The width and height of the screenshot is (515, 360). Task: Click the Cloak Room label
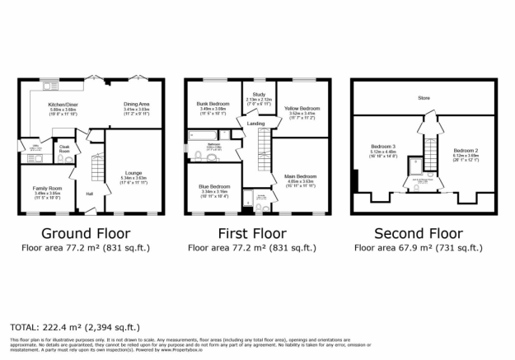pyautogui.click(x=64, y=149)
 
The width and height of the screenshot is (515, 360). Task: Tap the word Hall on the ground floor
pyautogui.click(x=88, y=194)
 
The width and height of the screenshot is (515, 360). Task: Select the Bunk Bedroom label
pyautogui.click(x=213, y=104)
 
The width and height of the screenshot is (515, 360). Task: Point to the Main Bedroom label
pyautogui.click(x=301, y=175)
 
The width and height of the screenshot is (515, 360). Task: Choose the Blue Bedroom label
pyautogui.click(x=213, y=186)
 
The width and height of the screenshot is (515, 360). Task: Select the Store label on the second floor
pyautogui.click(x=424, y=98)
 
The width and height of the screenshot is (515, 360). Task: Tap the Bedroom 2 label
pyautogui.click(x=465, y=151)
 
